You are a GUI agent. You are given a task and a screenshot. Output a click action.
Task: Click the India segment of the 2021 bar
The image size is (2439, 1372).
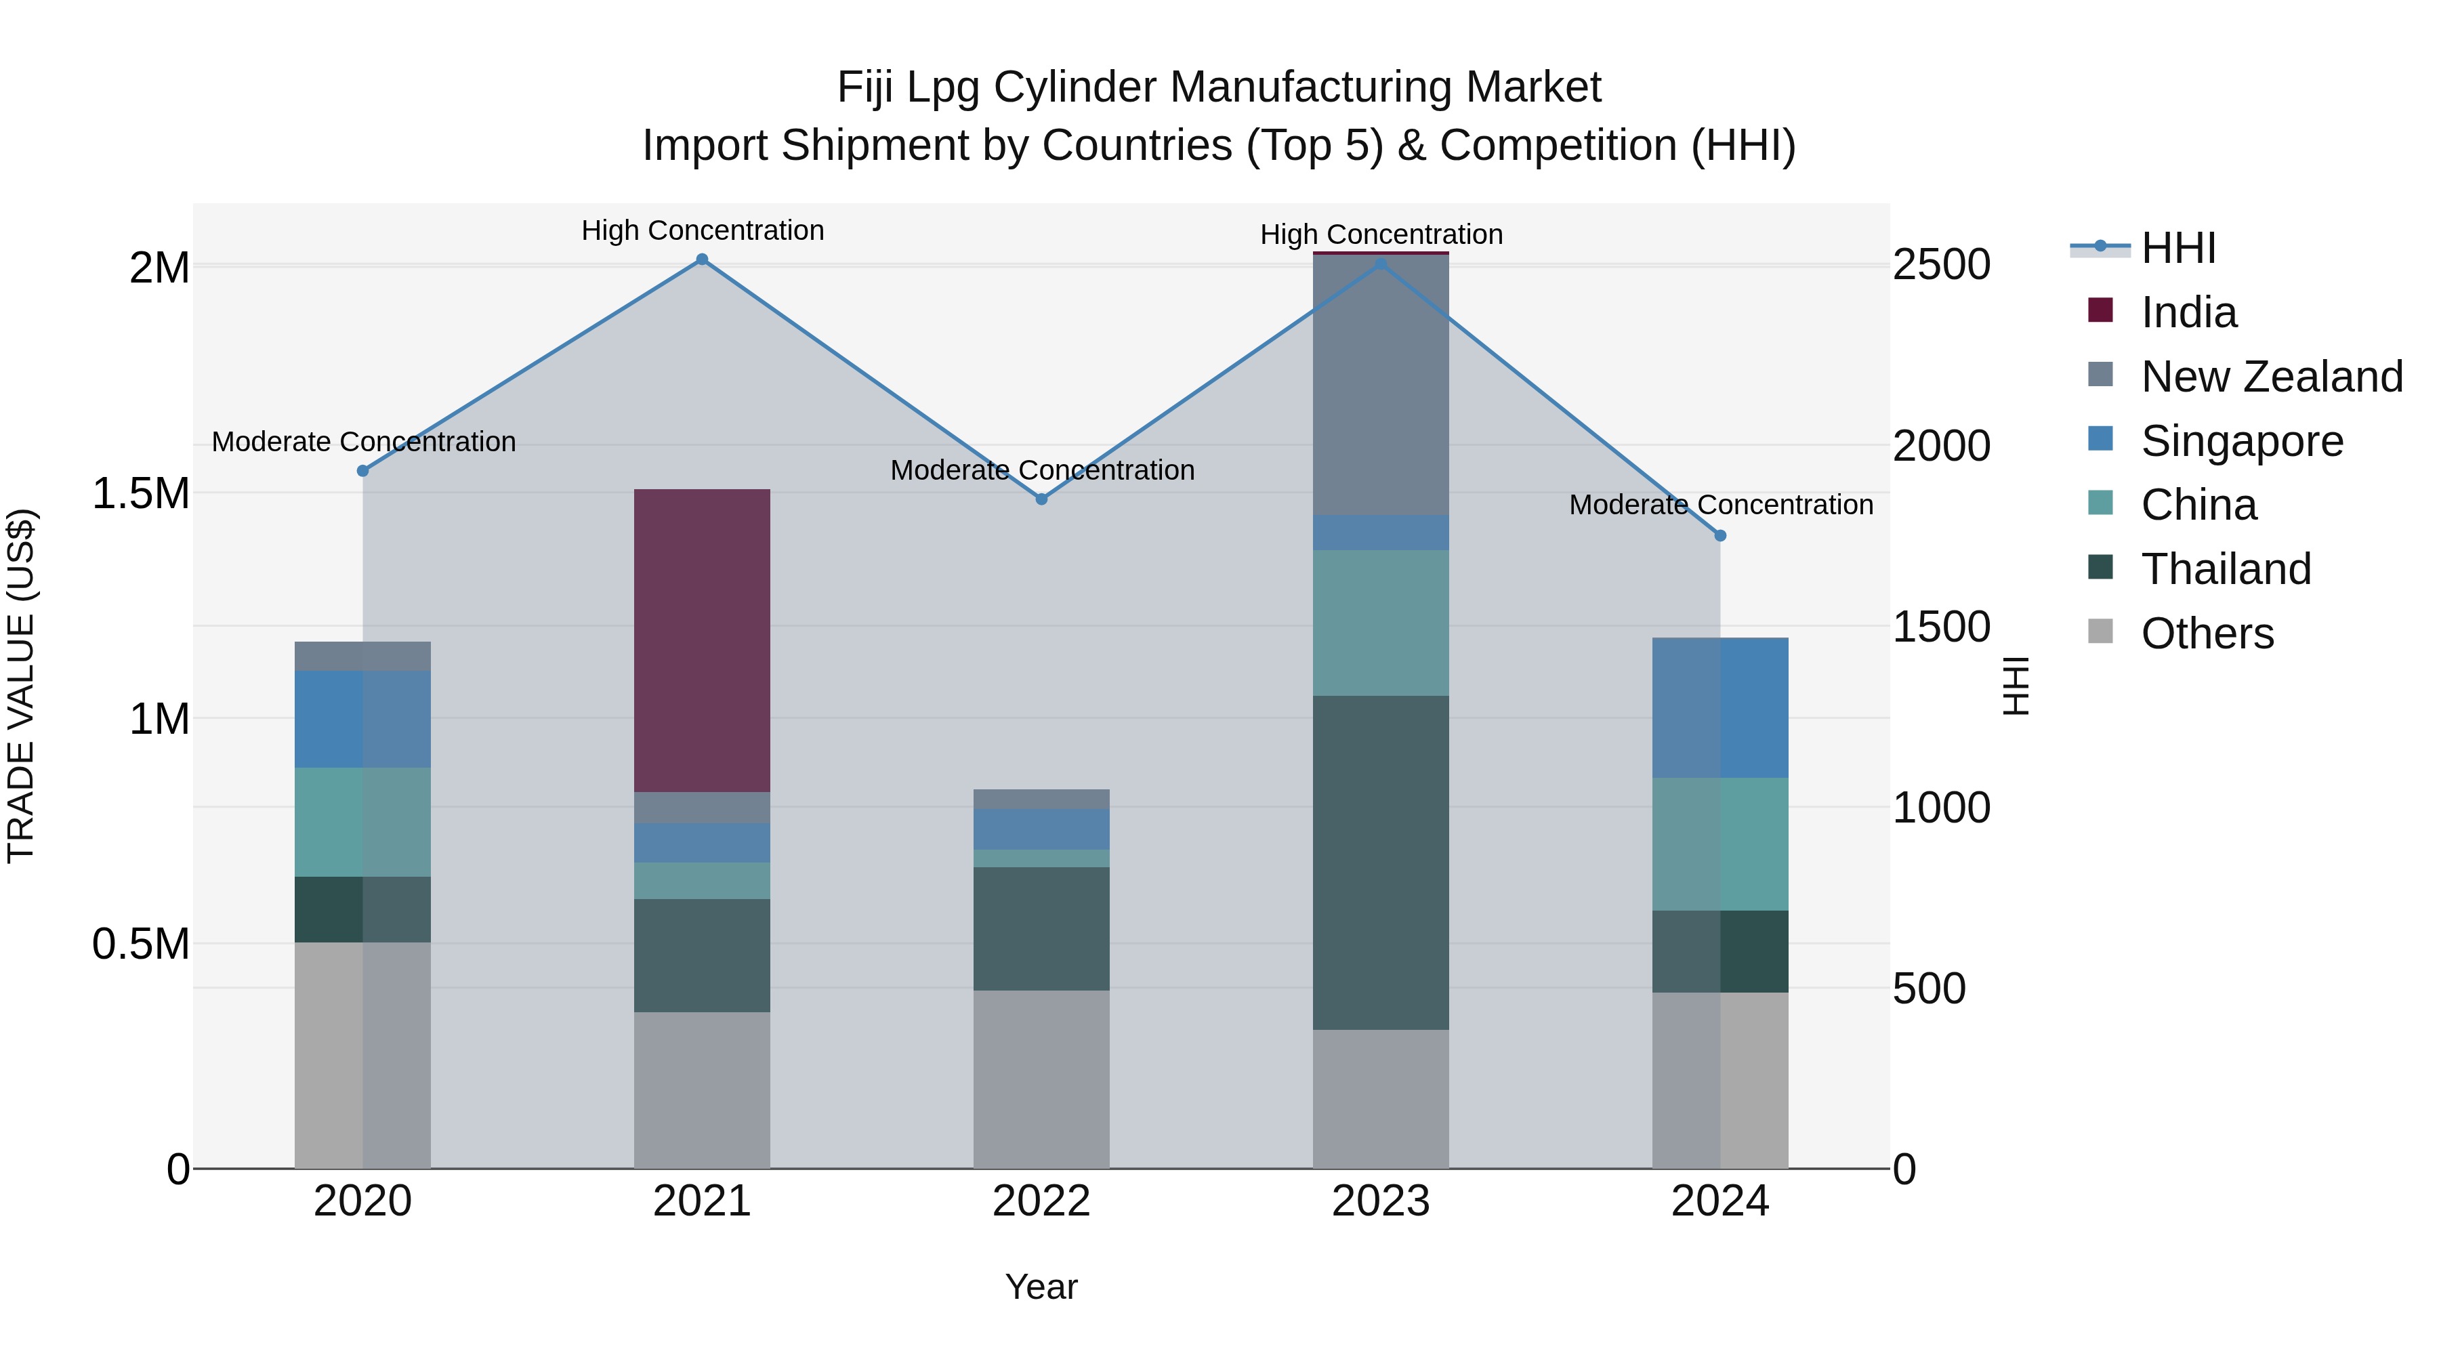[x=702, y=640]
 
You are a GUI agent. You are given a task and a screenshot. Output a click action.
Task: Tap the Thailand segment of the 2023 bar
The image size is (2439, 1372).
[x=1381, y=862]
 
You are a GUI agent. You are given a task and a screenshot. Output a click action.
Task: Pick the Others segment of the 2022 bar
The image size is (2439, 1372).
[x=1041, y=1079]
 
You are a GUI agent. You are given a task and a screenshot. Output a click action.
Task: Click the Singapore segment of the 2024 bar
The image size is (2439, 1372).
[x=1720, y=708]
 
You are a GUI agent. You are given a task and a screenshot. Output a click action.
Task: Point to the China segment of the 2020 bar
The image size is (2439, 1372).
[x=362, y=822]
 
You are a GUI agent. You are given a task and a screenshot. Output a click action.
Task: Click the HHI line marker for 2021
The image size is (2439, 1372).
[x=702, y=259]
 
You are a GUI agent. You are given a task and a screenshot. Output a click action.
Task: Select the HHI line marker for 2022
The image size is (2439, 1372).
[x=1041, y=499]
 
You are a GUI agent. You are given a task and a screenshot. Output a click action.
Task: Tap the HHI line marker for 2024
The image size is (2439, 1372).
[x=1720, y=536]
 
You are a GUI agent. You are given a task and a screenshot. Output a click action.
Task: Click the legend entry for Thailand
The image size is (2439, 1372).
[x=2225, y=569]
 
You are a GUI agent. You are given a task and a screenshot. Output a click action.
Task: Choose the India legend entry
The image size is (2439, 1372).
[x=2188, y=312]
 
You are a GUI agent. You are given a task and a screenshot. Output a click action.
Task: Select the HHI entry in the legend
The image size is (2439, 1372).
[x=2177, y=248]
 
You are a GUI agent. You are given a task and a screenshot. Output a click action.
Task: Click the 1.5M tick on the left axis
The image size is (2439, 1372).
[x=141, y=493]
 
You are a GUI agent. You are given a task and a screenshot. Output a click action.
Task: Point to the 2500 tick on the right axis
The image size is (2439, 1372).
[x=1941, y=265]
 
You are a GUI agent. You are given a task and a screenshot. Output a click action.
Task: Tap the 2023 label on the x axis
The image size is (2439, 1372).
[x=1381, y=1201]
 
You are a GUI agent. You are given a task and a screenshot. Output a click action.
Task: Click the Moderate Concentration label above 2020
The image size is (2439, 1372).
[x=364, y=442]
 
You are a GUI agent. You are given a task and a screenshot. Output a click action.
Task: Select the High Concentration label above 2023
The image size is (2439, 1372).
[x=1381, y=235]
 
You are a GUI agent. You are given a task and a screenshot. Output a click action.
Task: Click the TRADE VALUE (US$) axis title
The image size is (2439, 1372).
[x=22, y=686]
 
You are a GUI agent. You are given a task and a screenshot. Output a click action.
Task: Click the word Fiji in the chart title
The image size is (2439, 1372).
[x=864, y=88]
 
